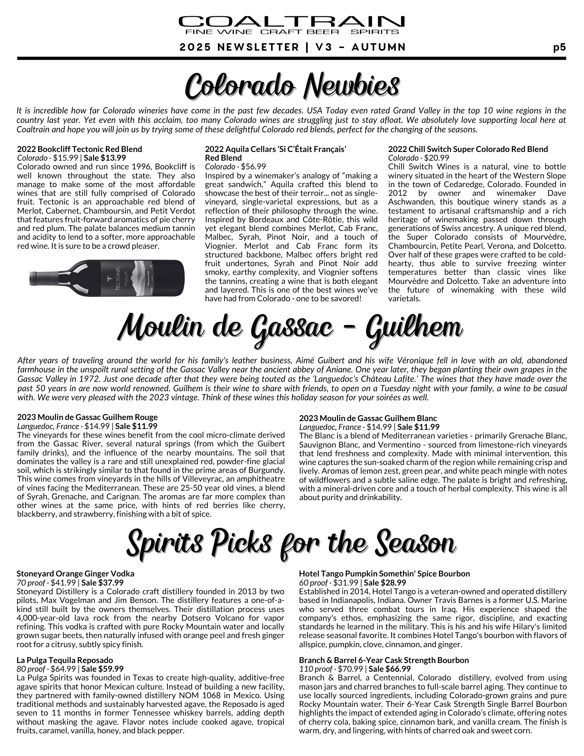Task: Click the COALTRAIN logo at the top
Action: tap(291, 25)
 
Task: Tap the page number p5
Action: tap(559, 48)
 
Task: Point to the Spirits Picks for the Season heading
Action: tap(291, 543)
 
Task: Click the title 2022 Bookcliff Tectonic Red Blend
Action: tap(80, 149)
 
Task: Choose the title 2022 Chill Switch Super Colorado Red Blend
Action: tap(468, 149)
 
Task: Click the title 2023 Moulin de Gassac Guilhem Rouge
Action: tap(87, 417)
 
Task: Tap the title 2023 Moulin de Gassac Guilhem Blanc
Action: tap(368, 418)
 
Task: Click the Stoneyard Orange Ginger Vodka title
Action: tap(76, 573)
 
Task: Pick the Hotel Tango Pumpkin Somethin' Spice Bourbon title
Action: tap(384, 573)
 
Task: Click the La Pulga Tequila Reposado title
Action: tap(65, 660)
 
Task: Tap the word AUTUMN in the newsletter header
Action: tap(378, 47)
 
